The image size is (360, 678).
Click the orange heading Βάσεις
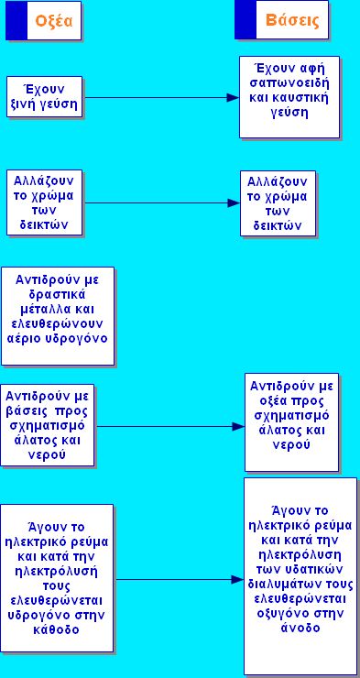tap(291, 20)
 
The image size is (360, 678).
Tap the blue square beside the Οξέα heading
tap(16, 20)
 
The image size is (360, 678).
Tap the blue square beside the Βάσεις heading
tap(245, 20)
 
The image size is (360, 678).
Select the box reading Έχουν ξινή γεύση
tap(43, 97)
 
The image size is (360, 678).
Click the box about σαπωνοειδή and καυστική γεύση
tap(289, 96)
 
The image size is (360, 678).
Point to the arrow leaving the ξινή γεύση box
tap(156, 96)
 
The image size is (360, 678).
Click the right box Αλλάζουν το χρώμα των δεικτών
tap(278, 202)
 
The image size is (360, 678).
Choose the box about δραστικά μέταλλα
tap(57, 315)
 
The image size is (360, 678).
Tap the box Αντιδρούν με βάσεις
tap(48, 427)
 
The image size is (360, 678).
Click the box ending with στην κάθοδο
tap(57, 578)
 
